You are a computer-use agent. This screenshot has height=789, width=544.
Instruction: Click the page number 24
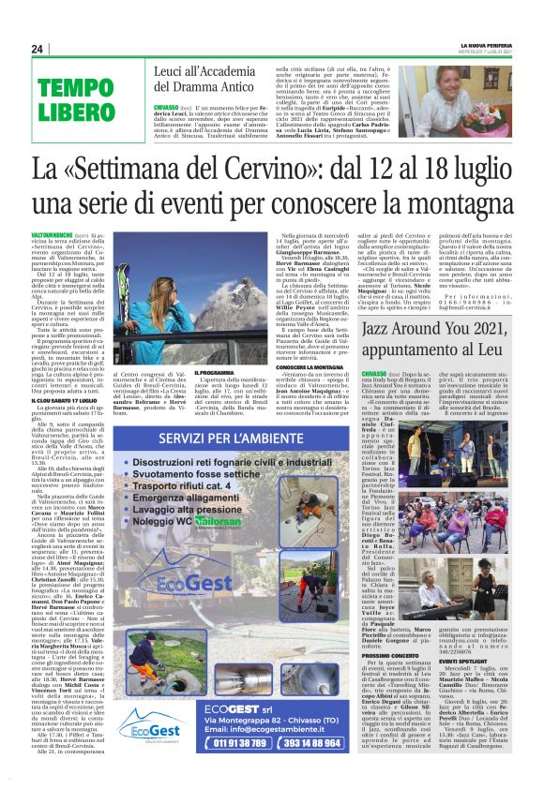[x=37, y=49]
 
